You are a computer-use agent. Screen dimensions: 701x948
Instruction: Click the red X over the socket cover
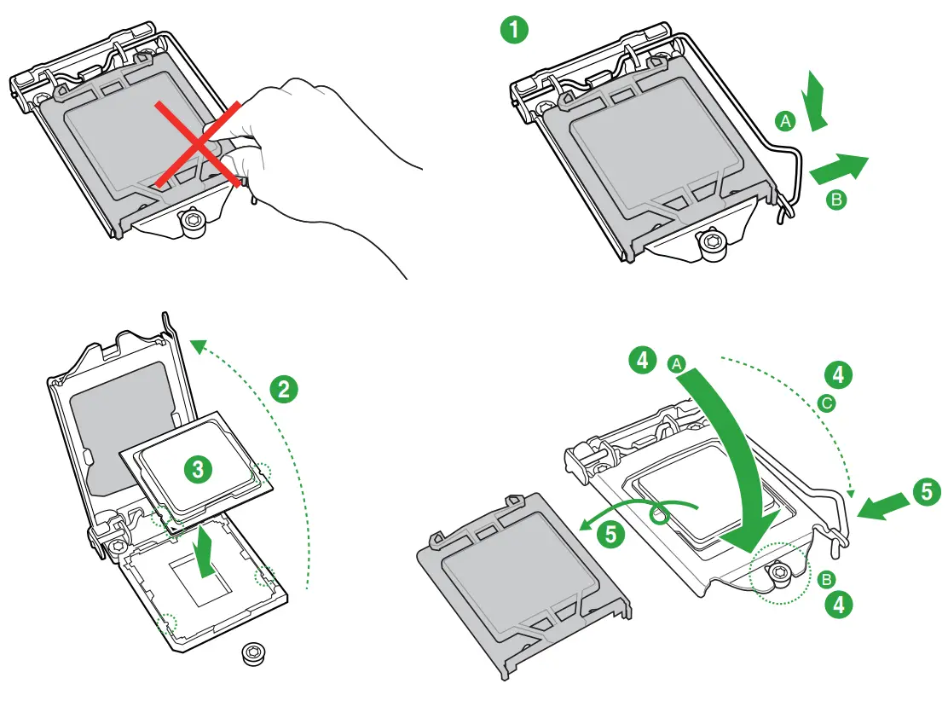tap(198, 142)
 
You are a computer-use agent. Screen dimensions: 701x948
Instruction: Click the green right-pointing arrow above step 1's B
tap(838, 167)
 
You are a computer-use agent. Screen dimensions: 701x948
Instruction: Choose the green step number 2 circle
tap(284, 389)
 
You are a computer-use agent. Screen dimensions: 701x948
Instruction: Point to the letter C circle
tap(825, 403)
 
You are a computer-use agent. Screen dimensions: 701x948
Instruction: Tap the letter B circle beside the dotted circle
tap(825, 580)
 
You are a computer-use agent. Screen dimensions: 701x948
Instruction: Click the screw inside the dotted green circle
tap(780, 576)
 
